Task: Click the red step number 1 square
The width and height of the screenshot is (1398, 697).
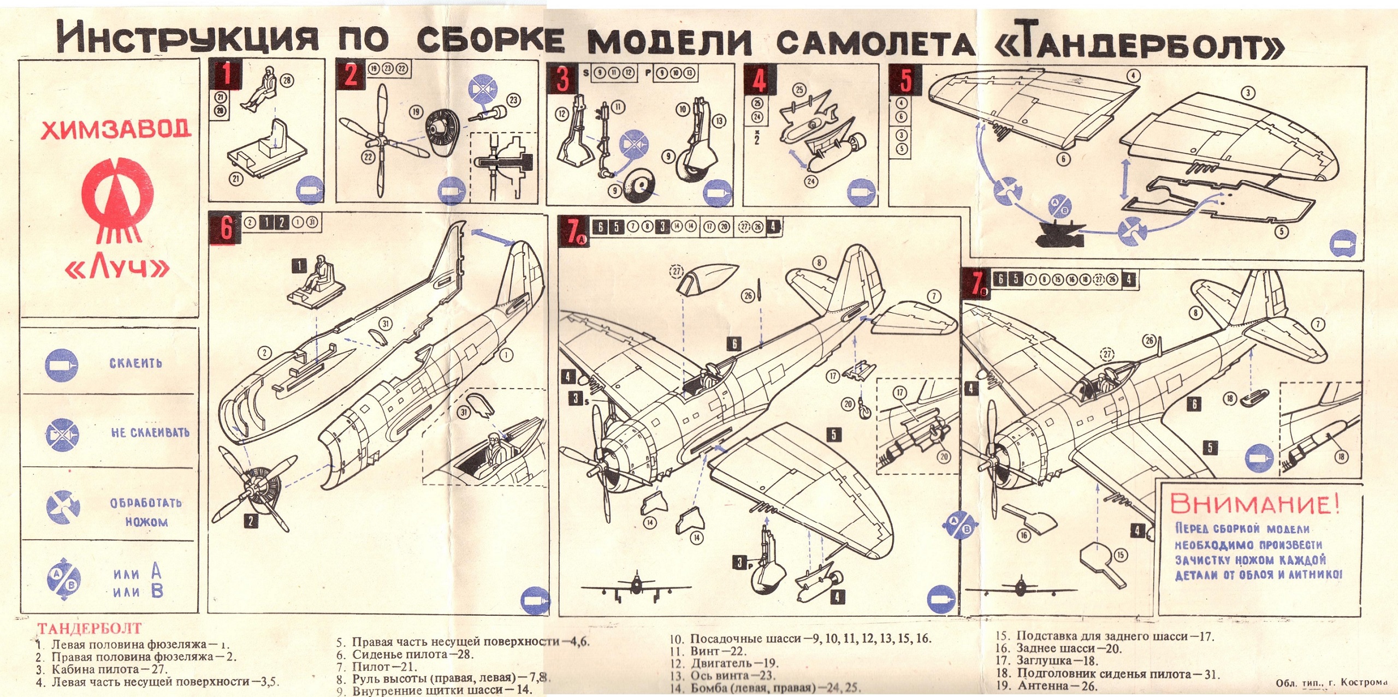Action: tap(225, 75)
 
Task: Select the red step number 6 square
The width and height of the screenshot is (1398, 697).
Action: tap(225, 228)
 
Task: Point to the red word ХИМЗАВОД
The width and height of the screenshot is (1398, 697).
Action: tap(116, 130)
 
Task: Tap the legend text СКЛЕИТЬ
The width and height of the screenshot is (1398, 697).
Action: tap(136, 364)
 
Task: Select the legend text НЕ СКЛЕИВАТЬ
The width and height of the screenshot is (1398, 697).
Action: tap(150, 432)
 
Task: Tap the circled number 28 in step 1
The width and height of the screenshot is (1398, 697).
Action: tap(287, 81)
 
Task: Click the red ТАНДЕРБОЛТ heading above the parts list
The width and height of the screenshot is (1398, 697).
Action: tap(89, 629)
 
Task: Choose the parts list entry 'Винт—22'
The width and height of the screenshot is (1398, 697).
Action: tap(708, 651)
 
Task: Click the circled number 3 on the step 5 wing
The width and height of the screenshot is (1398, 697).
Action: tap(1247, 93)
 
